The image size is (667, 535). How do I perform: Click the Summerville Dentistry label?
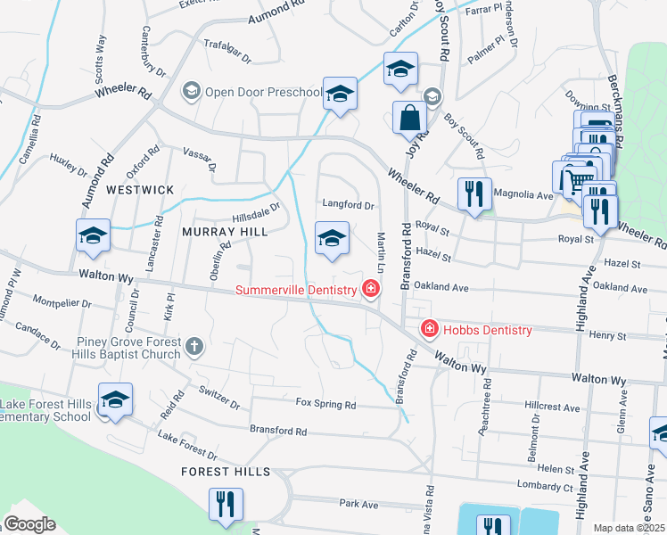click(x=295, y=289)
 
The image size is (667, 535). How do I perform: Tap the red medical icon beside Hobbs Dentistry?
click(x=429, y=330)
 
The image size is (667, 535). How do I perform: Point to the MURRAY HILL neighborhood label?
click(x=225, y=232)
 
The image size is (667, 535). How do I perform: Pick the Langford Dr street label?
click(x=348, y=205)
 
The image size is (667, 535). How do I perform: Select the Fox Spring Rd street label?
click(x=325, y=405)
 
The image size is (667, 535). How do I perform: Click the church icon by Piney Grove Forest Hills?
click(x=194, y=344)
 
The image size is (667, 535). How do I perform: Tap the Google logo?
click(x=29, y=524)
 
